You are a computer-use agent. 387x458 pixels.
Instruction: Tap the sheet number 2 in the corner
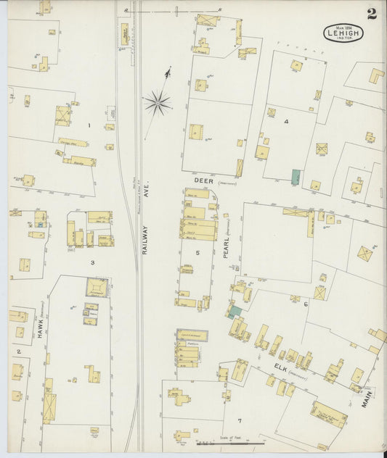pyautogui.click(x=372, y=13)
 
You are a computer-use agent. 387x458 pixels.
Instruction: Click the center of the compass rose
pyautogui.click(x=157, y=103)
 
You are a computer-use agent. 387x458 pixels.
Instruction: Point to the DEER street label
pyautogui.click(x=201, y=177)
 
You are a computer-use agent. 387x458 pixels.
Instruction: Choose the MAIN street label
pyautogui.click(x=367, y=398)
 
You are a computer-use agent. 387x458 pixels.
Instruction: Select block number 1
pyautogui.click(x=89, y=126)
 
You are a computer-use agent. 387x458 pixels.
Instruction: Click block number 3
pyautogui.click(x=92, y=262)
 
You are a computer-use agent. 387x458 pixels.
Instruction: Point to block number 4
pyautogui.click(x=286, y=121)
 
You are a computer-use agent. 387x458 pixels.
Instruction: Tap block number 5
pyautogui.click(x=197, y=252)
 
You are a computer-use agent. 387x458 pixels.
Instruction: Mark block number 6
pyautogui.click(x=306, y=304)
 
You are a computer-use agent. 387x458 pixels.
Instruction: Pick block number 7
pyautogui.click(x=238, y=420)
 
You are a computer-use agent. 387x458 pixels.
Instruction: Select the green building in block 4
pyautogui.click(x=296, y=176)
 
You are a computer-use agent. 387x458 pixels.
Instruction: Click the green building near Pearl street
pyautogui.click(x=235, y=312)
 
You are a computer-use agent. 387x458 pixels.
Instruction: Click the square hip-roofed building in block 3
pyautogui.click(x=97, y=288)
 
